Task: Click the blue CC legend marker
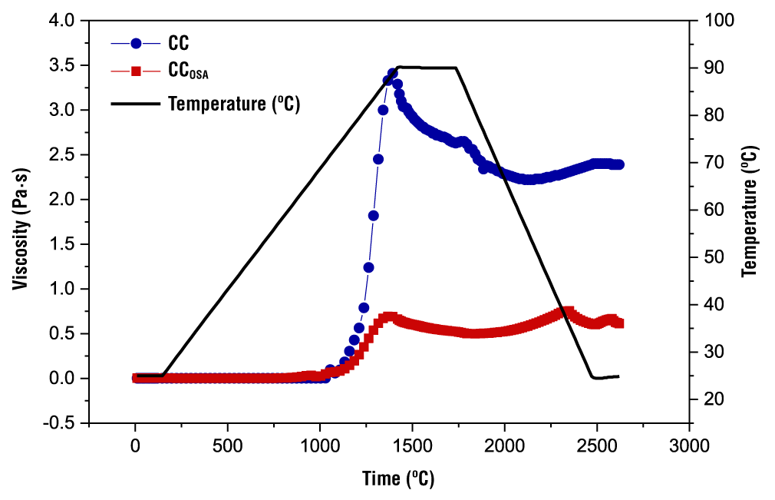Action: pyautogui.click(x=137, y=44)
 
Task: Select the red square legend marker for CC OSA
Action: pyautogui.click(x=137, y=71)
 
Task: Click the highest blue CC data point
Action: pyautogui.click(x=392, y=74)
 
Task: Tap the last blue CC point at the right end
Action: pyautogui.click(x=618, y=164)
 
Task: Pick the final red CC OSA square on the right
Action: pyautogui.click(x=618, y=323)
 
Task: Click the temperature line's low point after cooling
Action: pyautogui.click(x=595, y=378)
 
